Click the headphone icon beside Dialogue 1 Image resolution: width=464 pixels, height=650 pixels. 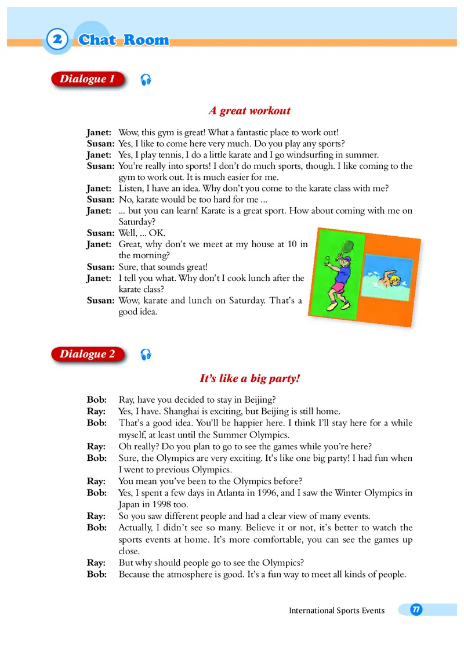[146, 80]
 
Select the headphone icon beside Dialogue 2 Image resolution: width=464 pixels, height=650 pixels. [146, 355]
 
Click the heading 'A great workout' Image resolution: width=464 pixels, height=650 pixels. [249, 110]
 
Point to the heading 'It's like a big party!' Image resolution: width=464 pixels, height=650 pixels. [249, 378]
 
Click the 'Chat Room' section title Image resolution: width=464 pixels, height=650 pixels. [124, 40]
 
